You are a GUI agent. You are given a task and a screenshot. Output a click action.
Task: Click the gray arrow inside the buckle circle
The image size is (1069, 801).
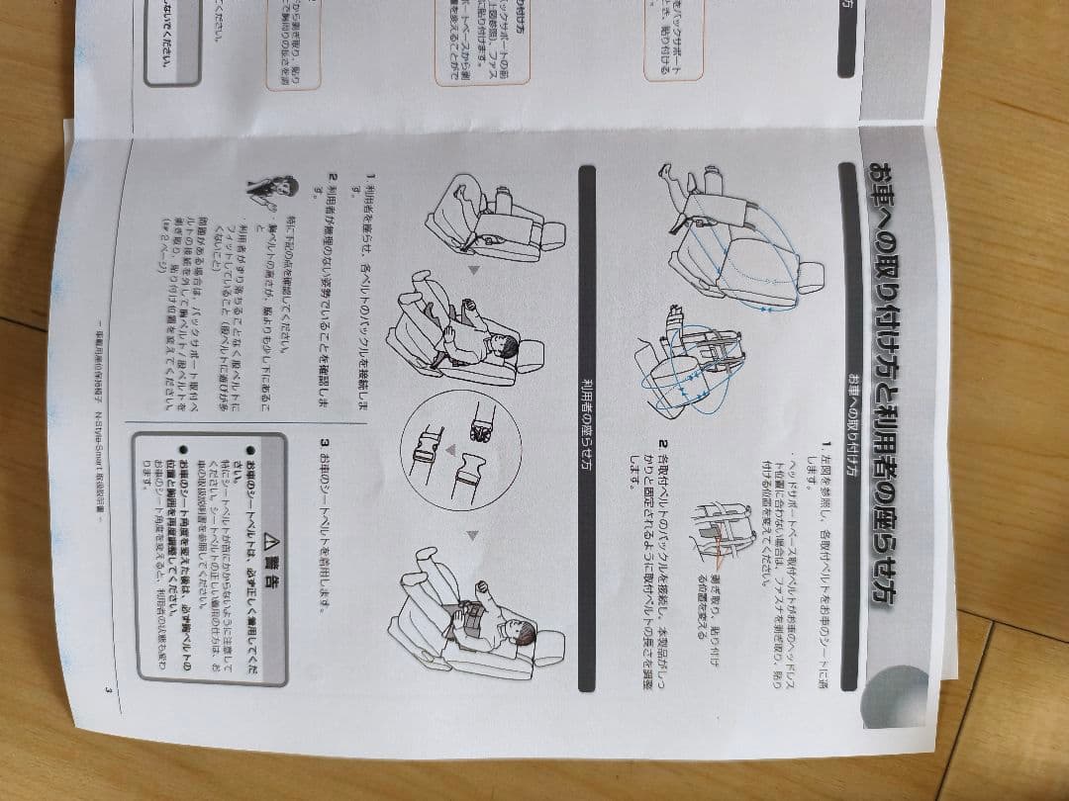[446, 451]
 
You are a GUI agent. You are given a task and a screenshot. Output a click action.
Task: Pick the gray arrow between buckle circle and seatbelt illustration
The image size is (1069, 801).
[472, 535]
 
